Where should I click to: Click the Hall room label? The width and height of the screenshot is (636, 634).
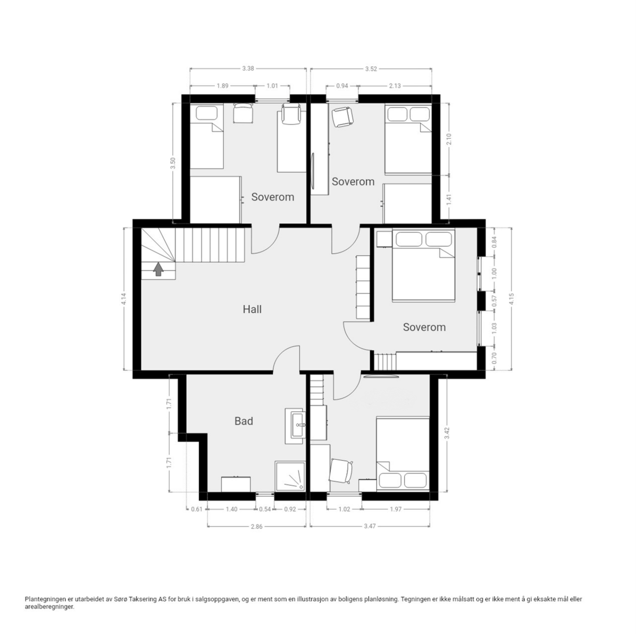(252, 309)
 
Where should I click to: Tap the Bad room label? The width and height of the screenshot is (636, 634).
(244, 421)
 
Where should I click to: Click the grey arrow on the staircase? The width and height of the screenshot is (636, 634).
(158, 269)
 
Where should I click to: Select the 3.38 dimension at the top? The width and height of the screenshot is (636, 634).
(248, 69)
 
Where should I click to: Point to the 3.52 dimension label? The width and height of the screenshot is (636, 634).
(371, 69)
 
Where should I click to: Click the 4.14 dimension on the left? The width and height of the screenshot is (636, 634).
(124, 299)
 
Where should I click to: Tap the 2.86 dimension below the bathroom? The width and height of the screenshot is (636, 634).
(256, 526)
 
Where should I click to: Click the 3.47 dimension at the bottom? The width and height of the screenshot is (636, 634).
(370, 526)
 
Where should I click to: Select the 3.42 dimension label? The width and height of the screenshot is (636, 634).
(447, 433)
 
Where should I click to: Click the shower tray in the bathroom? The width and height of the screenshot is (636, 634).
(290, 475)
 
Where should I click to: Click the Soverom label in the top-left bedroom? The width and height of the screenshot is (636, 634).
(273, 197)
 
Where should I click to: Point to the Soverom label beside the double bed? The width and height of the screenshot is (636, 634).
(424, 327)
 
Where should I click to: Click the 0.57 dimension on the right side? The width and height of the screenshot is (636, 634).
(494, 300)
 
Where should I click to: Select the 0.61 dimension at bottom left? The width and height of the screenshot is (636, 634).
(197, 509)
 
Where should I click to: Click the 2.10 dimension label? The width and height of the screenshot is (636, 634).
(449, 139)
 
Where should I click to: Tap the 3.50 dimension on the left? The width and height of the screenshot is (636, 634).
(173, 163)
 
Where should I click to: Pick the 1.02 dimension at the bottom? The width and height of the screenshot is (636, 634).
(344, 509)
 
